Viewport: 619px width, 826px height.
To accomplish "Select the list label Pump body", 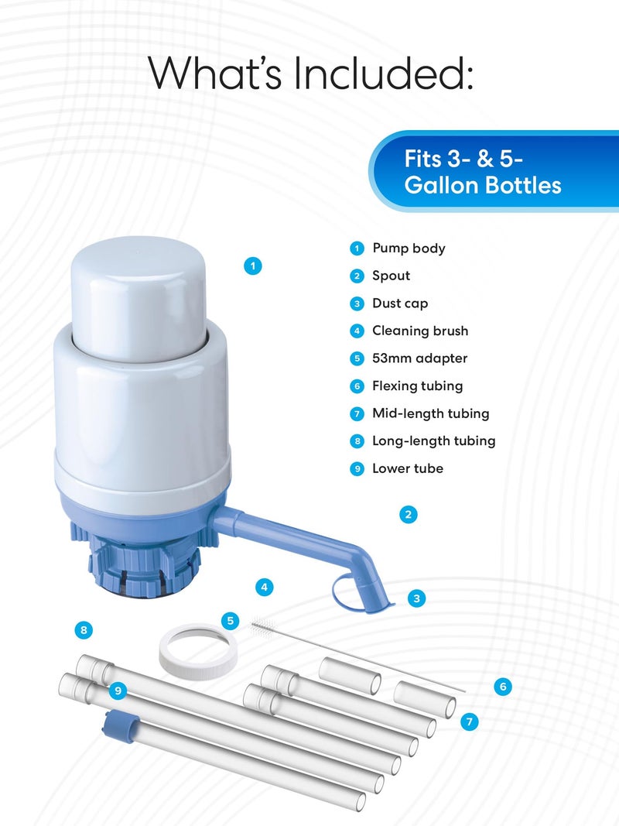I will [409, 248].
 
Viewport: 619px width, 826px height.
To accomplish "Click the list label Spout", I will [391, 276].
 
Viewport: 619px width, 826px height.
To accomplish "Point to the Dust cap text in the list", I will [399, 303].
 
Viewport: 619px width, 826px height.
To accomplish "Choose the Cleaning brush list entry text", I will [420, 331].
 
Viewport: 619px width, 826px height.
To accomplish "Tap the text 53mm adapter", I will [419, 358].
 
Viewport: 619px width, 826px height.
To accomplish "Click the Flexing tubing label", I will [417, 386].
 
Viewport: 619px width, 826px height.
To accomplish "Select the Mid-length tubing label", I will [430, 413].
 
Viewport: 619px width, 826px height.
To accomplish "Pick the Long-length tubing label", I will [433, 440].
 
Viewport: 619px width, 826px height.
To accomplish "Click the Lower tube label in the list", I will [407, 468].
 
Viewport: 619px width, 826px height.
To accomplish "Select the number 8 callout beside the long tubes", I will [84, 630].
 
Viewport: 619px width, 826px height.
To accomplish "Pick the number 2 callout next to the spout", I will [409, 513].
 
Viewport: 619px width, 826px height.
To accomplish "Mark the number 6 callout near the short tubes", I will [503, 687].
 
